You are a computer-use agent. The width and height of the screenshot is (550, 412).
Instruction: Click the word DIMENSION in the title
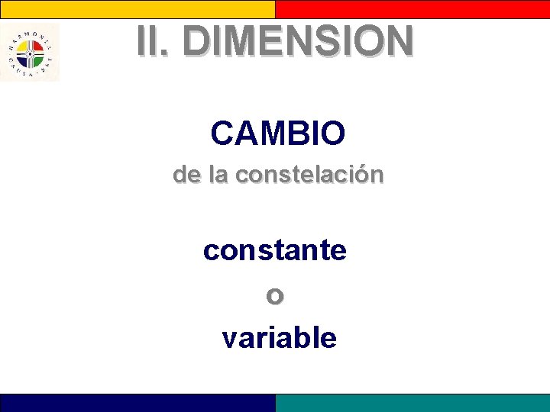[x=298, y=41]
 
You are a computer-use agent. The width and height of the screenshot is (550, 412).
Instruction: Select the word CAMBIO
[x=278, y=134]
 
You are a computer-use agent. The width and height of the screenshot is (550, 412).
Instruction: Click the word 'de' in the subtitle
[x=186, y=175]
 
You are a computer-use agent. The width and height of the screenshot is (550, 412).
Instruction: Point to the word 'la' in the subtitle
[x=218, y=175]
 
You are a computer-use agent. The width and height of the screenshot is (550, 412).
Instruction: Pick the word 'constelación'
[x=309, y=175]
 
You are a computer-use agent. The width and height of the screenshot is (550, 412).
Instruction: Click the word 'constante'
[x=275, y=249]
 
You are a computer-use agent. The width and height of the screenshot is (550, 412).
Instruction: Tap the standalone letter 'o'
[x=275, y=295]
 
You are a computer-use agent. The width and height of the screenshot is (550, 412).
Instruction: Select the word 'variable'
[x=279, y=336]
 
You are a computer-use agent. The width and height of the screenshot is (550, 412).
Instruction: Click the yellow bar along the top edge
[x=137, y=8]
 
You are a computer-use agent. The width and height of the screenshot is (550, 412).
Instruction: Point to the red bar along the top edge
[x=412, y=8]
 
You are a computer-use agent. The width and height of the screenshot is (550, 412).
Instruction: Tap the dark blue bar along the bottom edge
[x=137, y=403]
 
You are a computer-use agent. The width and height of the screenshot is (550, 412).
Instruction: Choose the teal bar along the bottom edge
[x=412, y=403]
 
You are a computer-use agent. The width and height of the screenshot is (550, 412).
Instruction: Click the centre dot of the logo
[x=30, y=53]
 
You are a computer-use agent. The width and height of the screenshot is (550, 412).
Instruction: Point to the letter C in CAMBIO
[x=222, y=134]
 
